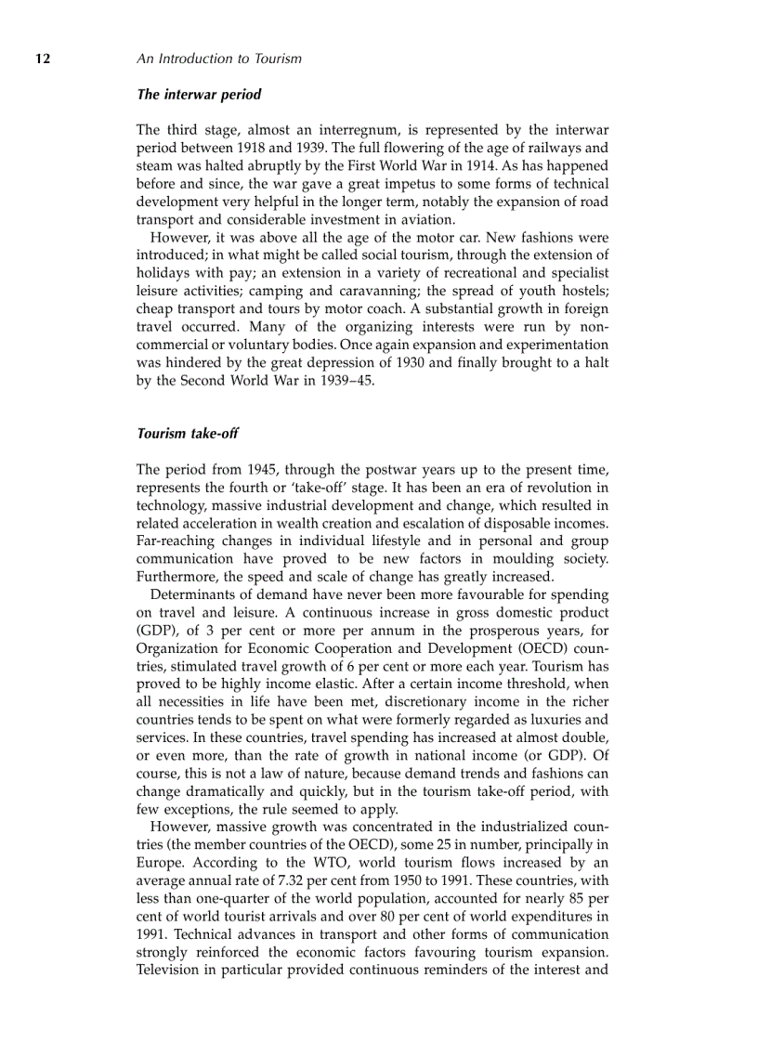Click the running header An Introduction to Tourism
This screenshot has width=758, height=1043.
point(218,59)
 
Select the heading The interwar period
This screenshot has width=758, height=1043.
point(199,95)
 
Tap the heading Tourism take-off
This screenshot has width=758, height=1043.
point(188,434)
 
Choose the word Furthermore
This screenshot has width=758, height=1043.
point(178,576)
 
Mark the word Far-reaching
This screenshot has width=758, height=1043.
point(178,541)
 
